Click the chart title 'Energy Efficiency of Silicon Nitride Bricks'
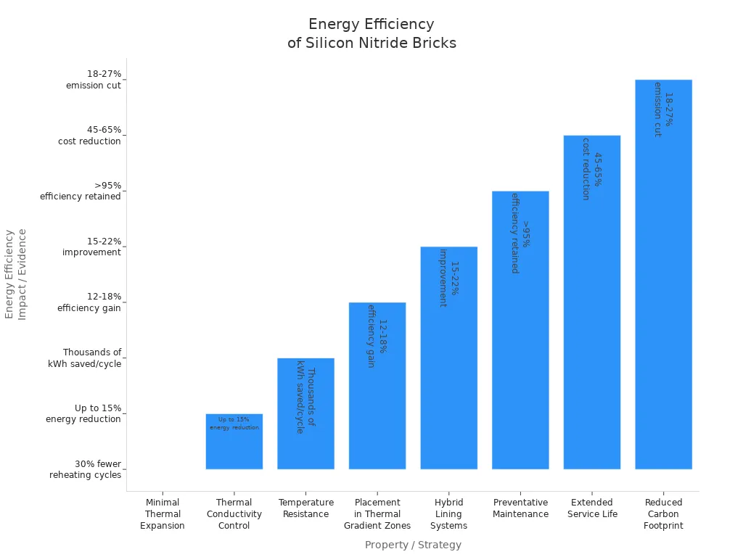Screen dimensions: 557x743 tap(371, 33)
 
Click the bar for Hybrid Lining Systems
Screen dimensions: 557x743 tap(448, 377)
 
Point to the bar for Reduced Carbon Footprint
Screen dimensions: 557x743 tap(663, 290)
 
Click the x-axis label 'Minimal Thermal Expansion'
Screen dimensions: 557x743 tap(163, 514)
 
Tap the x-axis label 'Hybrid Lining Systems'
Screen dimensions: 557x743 tap(448, 514)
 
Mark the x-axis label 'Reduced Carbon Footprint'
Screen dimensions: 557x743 tap(663, 514)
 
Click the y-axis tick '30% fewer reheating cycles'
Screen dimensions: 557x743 tap(86, 470)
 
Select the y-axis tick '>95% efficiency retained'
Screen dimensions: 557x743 tap(81, 191)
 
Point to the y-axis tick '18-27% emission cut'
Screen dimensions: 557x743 tap(94, 80)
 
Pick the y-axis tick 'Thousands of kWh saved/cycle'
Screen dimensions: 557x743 tap(85, 358)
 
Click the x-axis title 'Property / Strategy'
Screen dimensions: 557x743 tap(413, 545)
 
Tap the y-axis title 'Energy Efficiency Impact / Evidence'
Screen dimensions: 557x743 tap(15, 274)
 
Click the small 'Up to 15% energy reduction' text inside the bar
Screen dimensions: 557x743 tap(234, 424)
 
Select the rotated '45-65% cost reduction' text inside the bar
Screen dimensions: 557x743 tap(591, 169)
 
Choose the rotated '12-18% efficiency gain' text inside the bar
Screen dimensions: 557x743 tap(377, 336)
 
